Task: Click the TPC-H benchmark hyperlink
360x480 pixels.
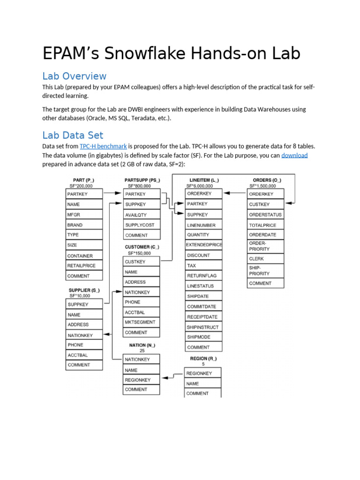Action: coord(103,146)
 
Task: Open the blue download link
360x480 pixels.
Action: coord(294,155)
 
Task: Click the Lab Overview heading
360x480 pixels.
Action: coord(74,76)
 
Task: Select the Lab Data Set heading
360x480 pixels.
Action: coord(73,135)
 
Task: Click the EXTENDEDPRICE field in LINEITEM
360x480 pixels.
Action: coord(204,245)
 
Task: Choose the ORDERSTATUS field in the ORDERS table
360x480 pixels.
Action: coord(265,215)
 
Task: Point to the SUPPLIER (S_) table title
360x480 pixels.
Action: coord(83,290)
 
